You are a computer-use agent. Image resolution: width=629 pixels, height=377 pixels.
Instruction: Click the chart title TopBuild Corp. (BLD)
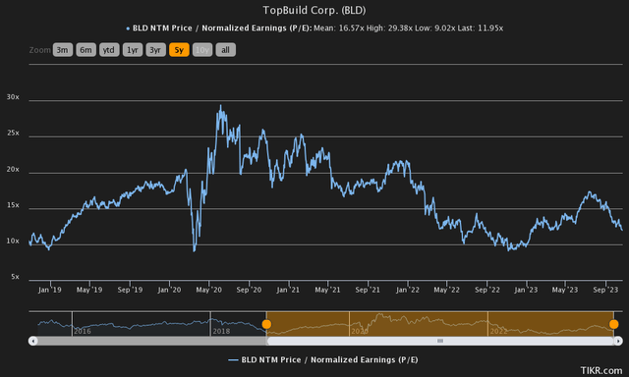click(314, 10)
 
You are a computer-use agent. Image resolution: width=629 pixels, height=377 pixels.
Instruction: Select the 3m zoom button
click(63, 48)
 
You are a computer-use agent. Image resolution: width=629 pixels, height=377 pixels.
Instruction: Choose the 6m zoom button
click(86, 48)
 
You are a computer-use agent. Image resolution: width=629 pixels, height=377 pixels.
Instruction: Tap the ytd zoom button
click(109, 48)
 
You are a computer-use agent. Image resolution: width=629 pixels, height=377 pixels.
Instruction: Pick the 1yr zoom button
click(133, 48)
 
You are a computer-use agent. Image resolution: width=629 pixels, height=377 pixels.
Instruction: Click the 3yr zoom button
click(156, 48)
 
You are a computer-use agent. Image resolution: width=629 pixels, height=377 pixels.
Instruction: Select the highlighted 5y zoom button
click(179, 48)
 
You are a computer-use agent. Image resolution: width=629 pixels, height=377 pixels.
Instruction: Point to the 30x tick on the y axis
click(15, 97)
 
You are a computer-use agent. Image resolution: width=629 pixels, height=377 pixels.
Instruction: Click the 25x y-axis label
click(15, 134)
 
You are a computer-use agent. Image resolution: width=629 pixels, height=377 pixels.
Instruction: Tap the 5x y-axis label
click(15, 277)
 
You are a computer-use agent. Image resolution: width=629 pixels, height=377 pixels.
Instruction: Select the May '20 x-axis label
click(208, 291)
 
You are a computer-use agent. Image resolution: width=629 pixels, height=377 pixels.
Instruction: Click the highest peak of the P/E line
click(220, 105)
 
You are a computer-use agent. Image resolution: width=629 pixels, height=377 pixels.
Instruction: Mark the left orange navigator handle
click(266, 323)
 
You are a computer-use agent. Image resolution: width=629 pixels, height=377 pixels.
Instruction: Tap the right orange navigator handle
click(613, 323)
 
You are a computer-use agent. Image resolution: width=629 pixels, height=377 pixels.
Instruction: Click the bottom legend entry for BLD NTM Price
click(314, 360)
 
